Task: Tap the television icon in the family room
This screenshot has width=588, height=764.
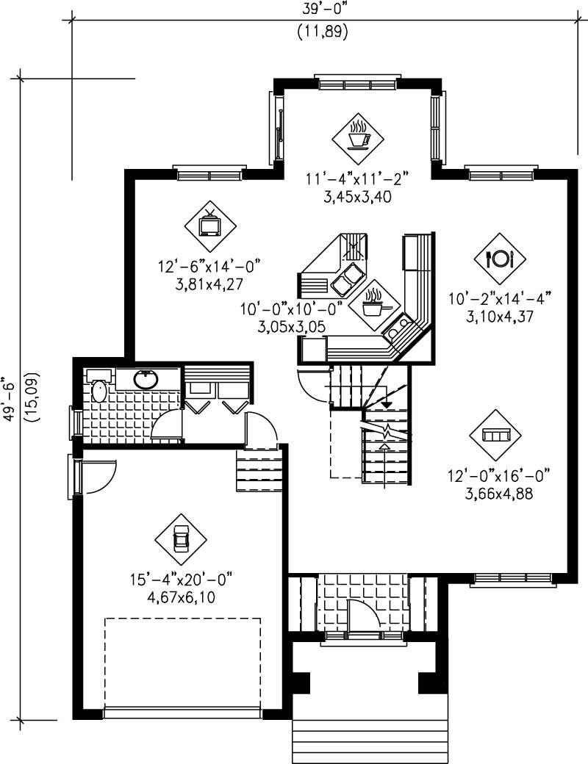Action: click(x=210, y=222)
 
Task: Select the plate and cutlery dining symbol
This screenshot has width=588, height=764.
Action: click(x=500, y=258)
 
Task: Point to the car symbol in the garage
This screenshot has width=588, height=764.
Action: click(x=181, y=540)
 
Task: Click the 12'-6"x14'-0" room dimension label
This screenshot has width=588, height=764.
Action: click(x=209, y=265)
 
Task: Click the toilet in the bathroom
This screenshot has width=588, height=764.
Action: click(x=98, y=391)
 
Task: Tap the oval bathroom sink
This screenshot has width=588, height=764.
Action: click(x=147, y=379)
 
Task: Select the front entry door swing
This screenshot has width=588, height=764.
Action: click(x=362, y=616)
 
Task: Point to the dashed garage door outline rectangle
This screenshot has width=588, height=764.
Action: click(x=182, y=661)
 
